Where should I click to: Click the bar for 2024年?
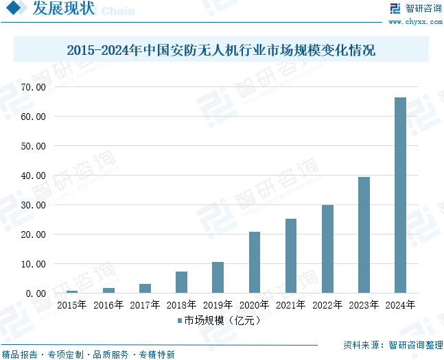[x=400, y=195]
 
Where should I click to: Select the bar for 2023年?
[x=364, y=235]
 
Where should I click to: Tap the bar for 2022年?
[x=327, y=249]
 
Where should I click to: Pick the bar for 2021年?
[x=291, y=256]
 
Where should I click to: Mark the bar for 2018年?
[x=181, y=283]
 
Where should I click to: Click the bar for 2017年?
[x=145, y=289]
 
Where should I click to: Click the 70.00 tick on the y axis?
[x=32, y=87]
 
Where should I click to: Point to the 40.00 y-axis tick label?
[x=32, y=176]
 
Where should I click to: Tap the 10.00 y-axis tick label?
[x=32, y=264]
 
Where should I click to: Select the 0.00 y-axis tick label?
[x=34, y=293]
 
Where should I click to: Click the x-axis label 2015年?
[x=72, y=305]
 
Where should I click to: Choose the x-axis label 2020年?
[x=255, y=305]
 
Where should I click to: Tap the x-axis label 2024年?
[x=400, y=305]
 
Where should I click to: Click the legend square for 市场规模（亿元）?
[x=180, y=320]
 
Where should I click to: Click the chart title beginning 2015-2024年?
[x=221, y=51]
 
